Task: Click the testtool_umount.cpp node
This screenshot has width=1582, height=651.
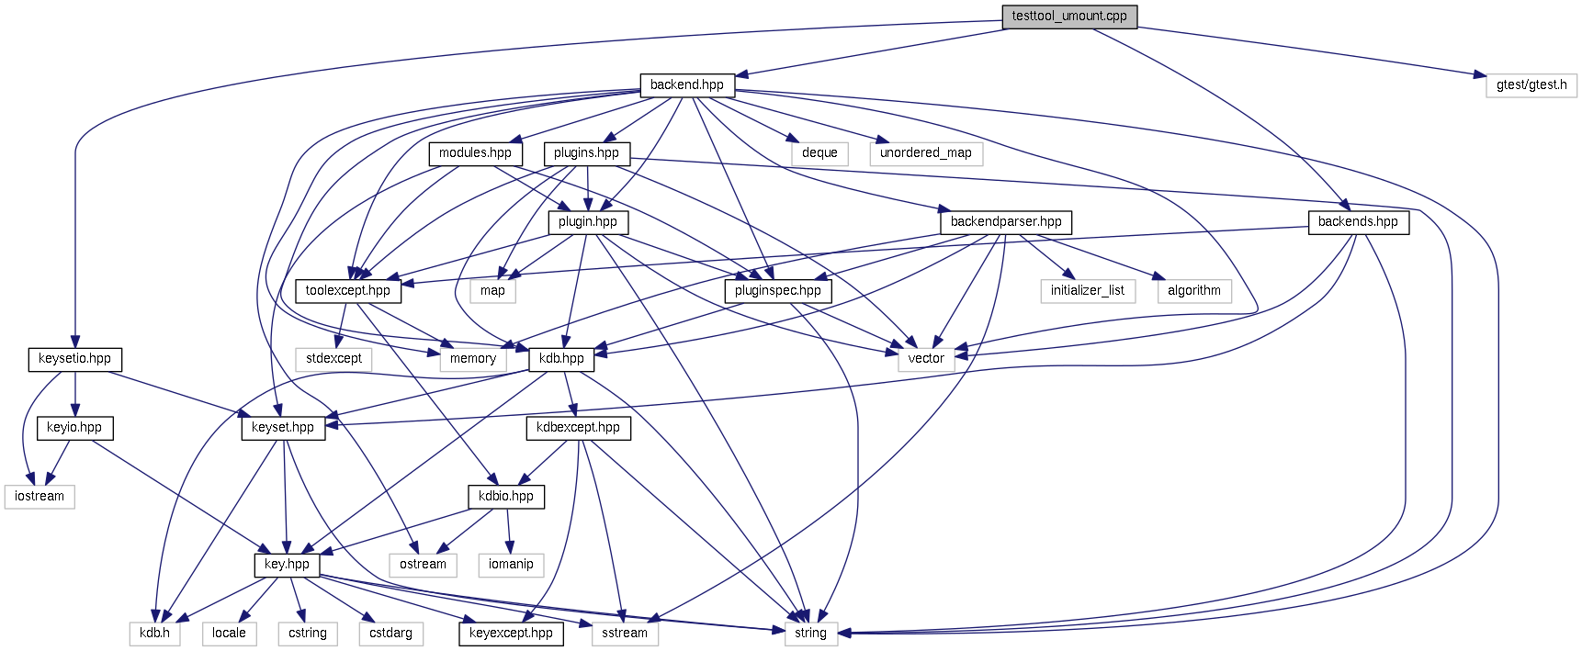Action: click(x=1068, y=17)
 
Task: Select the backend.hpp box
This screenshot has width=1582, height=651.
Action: click(x=687, y=85)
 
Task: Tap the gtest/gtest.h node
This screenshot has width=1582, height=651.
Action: click(x=1531, y=85)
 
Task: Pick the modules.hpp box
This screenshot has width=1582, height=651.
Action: click(x=475, y=153)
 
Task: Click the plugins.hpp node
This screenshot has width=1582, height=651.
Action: click(x=586, y=153)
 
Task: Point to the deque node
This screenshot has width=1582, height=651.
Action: click(x=819, y=153)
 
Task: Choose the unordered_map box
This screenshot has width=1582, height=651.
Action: click(x=925, y=153)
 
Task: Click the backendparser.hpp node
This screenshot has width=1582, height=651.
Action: click(x=1005, y=222)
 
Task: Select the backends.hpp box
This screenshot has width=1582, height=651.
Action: click(x=1357, y=222)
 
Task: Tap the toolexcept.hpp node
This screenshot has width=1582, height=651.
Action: click(x=347, y=291)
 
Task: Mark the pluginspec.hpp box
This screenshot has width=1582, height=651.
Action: click(x=777, y=291)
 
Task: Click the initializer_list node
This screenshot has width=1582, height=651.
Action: click(x=1088, y=291)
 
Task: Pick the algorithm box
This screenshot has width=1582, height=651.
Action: click(x=1193, y=291)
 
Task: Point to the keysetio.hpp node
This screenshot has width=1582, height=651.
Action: click(x=74, y=359)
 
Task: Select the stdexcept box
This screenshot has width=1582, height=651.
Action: click(x=333, y=359)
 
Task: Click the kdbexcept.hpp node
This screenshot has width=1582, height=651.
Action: click(x=578, y=428)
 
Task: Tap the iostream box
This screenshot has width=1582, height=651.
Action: click(x=40, y=497)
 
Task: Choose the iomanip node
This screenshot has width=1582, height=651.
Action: click(x=511, y=565)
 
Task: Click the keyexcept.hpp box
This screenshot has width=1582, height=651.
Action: click(x=511, y=634)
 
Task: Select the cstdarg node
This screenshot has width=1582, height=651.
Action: click(x=390, y=634)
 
